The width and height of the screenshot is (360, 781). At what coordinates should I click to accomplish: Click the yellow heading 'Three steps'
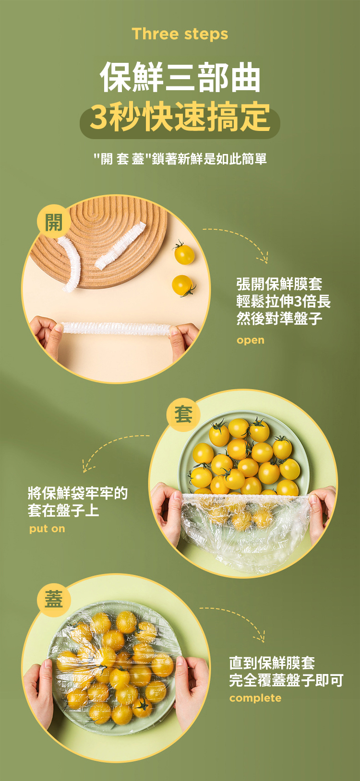[180, 34]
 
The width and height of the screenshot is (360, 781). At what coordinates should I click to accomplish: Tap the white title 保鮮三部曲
[180, 77]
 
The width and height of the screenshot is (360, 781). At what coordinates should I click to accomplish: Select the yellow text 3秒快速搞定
[180, 117]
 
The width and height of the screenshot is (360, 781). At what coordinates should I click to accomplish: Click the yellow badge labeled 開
[54, 222]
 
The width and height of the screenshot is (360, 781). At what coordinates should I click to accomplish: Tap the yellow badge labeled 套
[184, 415]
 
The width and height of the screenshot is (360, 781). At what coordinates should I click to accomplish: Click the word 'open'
[251, 340]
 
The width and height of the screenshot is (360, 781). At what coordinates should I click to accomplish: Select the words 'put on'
[47, 529]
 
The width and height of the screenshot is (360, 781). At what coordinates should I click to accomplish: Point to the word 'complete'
[255, 698]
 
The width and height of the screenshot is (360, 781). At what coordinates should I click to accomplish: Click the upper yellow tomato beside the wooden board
[183, 253]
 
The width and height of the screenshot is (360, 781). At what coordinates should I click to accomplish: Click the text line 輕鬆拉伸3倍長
[283, 301]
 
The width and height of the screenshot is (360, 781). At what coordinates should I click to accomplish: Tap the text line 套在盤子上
[63, 510]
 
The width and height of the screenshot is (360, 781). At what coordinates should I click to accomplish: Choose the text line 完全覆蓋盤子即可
[286, 680]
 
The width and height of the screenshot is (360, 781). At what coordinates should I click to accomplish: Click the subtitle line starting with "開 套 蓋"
[180, 159]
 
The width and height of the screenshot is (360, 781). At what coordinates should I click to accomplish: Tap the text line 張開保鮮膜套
[279, 284]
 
